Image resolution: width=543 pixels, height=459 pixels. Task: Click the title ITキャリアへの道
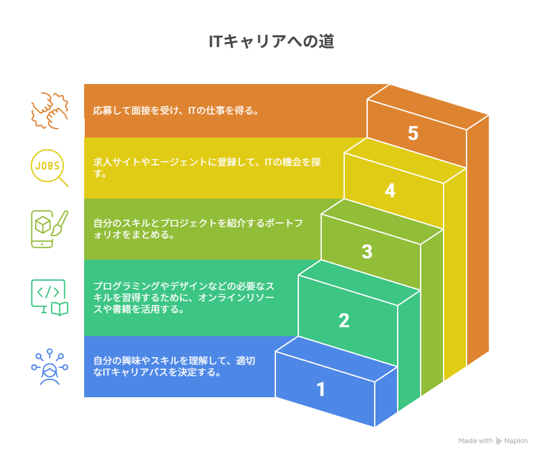[x=271, y=41]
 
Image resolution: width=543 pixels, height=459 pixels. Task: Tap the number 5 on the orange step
[x=413, y=133]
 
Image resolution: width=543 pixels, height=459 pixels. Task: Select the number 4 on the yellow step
[x=390, y=190]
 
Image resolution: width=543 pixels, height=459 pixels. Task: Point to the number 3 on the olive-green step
[x=367, y=251]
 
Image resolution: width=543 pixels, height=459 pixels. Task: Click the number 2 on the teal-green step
[x=344, y=320]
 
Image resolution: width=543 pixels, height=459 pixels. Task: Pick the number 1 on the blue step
[x=321, y=389]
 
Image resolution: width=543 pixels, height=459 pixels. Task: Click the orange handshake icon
[x=50, y=111]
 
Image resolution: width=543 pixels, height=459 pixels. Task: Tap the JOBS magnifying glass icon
[x=50, y=168]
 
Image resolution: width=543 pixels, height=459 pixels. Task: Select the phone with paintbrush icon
[x=50, y=229]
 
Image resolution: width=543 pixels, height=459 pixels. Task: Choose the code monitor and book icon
[x=50, y=297]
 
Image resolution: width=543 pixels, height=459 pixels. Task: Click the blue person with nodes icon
[x=50, y=367]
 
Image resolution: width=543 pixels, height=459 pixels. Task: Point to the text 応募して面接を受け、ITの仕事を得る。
[x=175, y=111]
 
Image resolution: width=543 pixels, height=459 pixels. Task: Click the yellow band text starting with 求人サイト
[x=206, y=167]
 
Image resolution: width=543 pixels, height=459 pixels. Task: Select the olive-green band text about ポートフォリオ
[x=198, y=229]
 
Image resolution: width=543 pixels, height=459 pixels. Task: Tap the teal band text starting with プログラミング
[x=184, y=297]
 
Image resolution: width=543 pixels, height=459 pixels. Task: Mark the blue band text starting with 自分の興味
[x=174, y=366]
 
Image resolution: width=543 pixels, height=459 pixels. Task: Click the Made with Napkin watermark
[x=493, y=441]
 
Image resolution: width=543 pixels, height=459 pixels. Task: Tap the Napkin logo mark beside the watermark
[x=498, y=441]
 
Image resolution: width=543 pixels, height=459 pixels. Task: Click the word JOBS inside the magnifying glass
[x=47, y=166]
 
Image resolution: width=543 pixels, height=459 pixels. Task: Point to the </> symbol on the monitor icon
[x=48, y=292]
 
